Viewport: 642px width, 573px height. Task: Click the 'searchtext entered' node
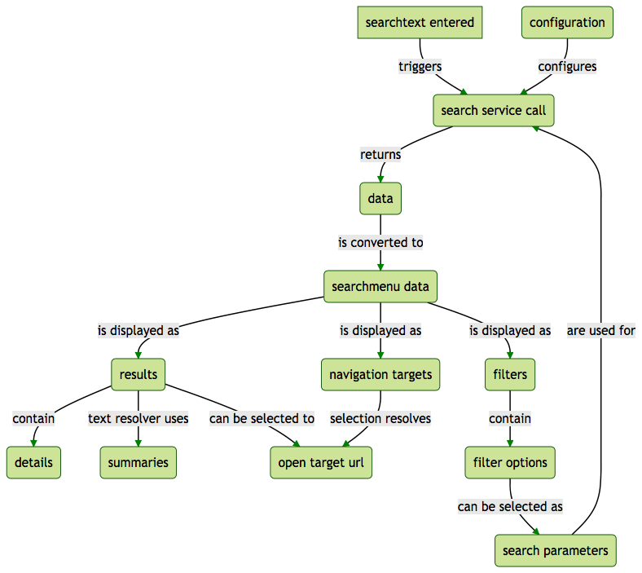[420, 22]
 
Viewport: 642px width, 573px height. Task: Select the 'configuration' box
[567, 22]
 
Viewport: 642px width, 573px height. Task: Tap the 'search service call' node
[493, 110]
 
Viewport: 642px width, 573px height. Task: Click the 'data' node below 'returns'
[380, 198]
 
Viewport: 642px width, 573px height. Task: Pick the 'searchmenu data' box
[380, 286]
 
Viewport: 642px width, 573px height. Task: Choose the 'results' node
[138, 374]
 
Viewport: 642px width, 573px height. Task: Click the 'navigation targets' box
[380, 374]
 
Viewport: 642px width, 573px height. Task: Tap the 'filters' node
[510, 374]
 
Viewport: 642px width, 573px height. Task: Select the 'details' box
[33, 462]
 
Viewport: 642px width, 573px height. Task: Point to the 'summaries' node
[138, 462]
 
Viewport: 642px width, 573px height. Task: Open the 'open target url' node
[321, 462]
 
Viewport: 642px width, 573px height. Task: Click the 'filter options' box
[510, 462]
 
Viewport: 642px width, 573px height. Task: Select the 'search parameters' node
[555, 550]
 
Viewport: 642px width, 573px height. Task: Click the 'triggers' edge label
[420, 66]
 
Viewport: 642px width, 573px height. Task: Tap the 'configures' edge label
[567, 66]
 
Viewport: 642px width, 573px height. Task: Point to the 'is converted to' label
[380, 242]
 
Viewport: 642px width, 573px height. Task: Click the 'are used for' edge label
[601, 330]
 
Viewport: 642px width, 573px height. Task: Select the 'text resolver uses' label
[138, 418]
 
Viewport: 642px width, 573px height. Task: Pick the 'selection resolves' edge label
[380, 418]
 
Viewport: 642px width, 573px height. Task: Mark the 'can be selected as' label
[510, 506]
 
